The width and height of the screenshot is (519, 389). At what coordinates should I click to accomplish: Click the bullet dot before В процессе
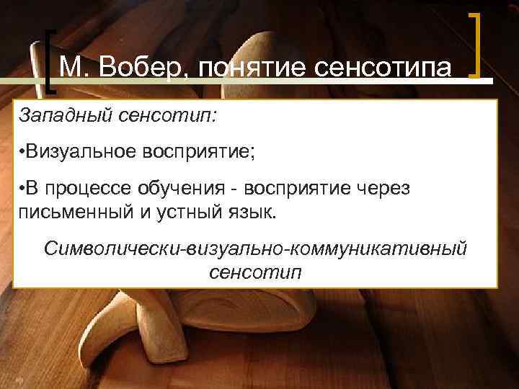pyautogui.click(x=23, y=189)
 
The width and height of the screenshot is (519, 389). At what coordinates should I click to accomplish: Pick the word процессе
pyautogui.click(x=86, y=189)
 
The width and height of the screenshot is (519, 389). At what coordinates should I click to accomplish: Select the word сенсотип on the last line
pyautogui.click(x=255, y=272)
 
